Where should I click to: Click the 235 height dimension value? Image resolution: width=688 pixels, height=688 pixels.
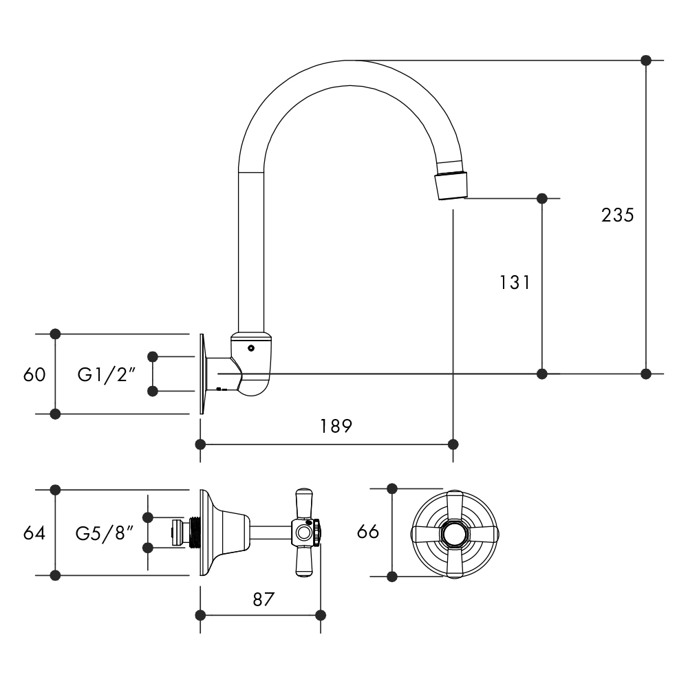pyautogui.click(x=617, y=215)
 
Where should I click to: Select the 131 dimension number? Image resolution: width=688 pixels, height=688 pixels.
pyautogui.click(x=515, y=282)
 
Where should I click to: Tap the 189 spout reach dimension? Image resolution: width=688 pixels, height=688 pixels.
pyautogui.click(x=336, y=426)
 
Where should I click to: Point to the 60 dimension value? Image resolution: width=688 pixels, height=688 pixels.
pyautogui.click(x=34, y=375)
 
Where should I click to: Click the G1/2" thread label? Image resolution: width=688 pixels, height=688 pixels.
pyautogui.click(x=106, y=375)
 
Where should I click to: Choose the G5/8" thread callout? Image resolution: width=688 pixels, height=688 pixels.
pyautogui.click(x=104, y=533)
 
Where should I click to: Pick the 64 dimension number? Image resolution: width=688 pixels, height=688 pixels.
pyautogui.click(x=34, y=533)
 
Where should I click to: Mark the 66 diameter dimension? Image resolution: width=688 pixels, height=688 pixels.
pyautogui.click(x=368, y=532)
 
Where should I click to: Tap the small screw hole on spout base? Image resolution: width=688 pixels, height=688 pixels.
pyautogui.click(x=251, y=348)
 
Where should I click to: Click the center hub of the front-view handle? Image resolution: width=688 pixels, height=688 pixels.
pyautogui.click(x=453, y=533)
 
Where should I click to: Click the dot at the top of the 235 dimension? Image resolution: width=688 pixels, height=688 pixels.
pyautogui.click(x=645, y=61)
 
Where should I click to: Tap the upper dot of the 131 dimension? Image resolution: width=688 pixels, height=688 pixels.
pyautogui.click(x=542, y=199)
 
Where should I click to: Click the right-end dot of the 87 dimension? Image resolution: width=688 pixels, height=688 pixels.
pyautogui.click(x=320, y=614)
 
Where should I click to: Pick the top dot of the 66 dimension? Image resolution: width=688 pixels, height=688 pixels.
pyautogui.click(x=392, y=489)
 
